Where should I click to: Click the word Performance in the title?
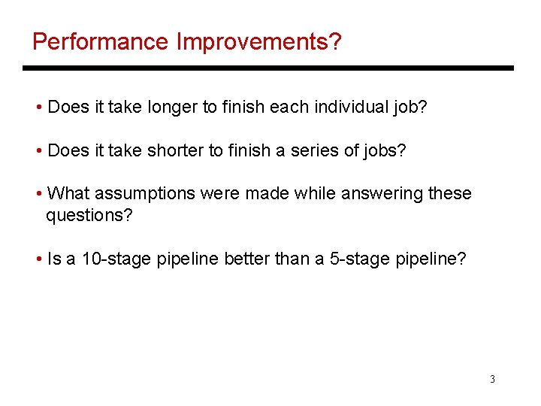101,41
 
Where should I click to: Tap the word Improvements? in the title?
258,41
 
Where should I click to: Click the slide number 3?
492,379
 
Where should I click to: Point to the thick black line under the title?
268,68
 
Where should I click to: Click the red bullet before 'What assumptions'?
38,194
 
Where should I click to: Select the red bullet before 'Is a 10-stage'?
38,259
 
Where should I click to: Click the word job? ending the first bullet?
411,108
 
